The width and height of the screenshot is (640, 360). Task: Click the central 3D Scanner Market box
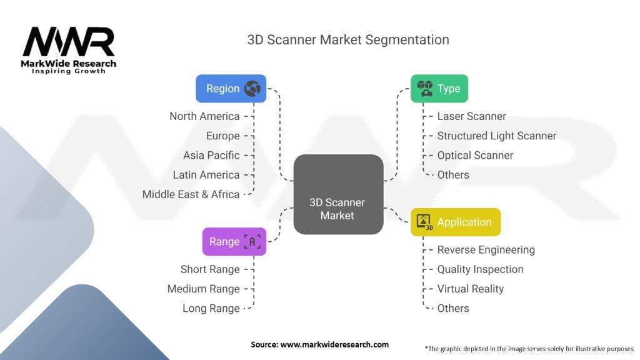coord(337,194)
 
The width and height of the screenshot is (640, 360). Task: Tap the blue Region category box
coord(231,89)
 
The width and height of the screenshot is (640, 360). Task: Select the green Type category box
coord(439,89)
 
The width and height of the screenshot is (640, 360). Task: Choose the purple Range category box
coord(234,241)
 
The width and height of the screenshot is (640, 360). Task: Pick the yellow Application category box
coord(455,222)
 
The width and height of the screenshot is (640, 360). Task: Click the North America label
coord(204,116)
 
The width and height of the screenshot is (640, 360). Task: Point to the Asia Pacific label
coord(211,155)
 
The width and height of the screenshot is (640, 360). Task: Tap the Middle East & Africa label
coord(191,194)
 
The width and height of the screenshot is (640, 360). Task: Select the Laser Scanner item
coord(471,116)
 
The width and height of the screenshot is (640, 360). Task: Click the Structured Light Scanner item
coord(496,136)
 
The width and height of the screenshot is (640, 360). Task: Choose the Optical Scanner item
coord(475,155)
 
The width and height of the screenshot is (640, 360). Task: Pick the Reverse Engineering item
coord(486,250)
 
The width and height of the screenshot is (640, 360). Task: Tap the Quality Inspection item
coord(480,269)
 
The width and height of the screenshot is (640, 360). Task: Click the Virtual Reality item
coord(470,289)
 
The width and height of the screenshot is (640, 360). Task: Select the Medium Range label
coord(203,289)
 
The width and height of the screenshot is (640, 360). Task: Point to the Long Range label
coord(211,308)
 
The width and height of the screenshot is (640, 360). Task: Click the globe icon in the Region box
coord(252,89)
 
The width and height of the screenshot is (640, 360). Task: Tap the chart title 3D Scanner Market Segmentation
coord(348,39)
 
